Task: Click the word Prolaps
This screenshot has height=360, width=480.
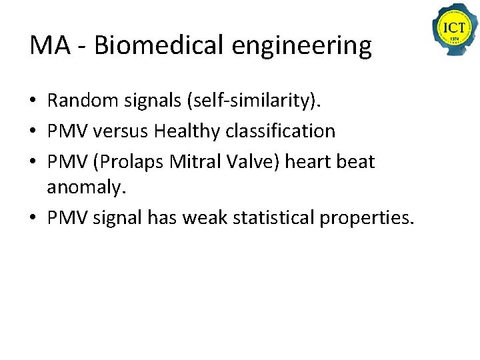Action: (130, 161)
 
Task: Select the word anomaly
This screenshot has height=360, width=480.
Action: (85, 188)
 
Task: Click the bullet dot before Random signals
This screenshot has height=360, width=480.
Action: (33, 101)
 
